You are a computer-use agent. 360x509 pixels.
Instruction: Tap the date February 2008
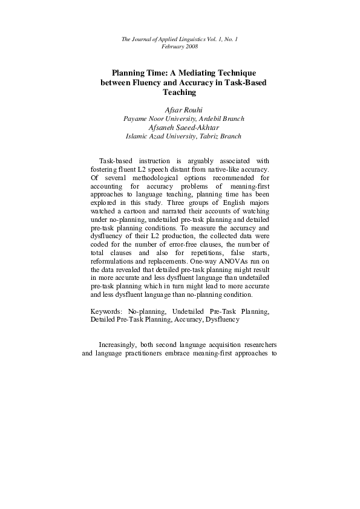pos(180,47)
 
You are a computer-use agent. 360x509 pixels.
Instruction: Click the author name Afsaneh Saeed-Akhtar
pos(180,128)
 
